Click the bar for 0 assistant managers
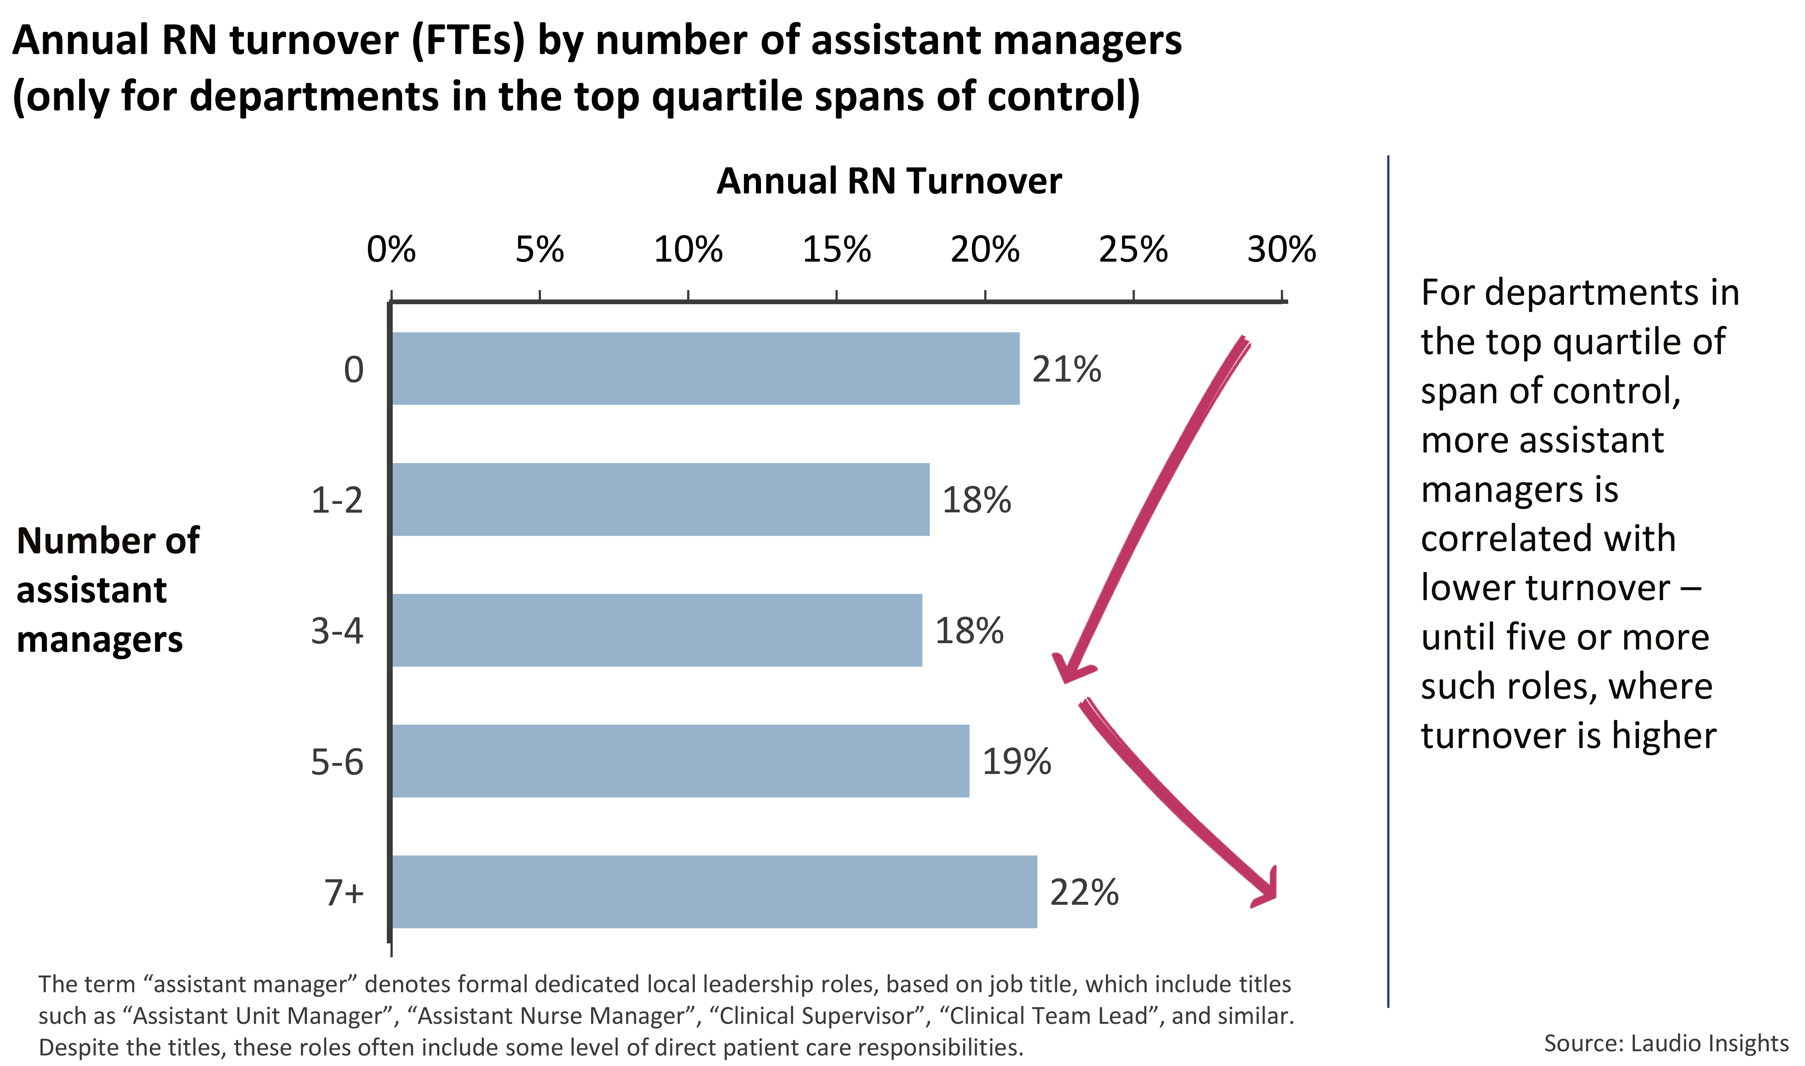[x=705, y=369]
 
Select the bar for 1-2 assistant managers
[x=661, y=499]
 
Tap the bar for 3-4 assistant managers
[x=657, y=630]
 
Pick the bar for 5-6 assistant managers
[x=681, y=761]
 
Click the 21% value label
[x=1067, y=369]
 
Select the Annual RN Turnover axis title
[x=889, y=181]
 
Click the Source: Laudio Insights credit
[x=1666, y=1043]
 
